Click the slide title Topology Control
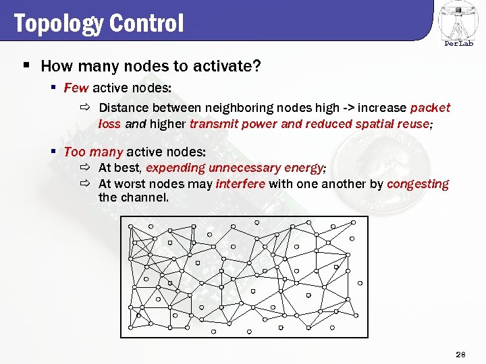coord(98,24)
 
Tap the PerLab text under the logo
coord(458,44)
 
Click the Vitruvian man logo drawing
coord(458,20)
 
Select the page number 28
coord(461,354)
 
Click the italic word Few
coord(76,88)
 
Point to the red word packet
coord(430,108)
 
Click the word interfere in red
coord(240,184)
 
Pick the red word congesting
coord(418,184)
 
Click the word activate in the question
coord(221,66)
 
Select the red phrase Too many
coord(93,152)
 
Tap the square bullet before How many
coord(26,66)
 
